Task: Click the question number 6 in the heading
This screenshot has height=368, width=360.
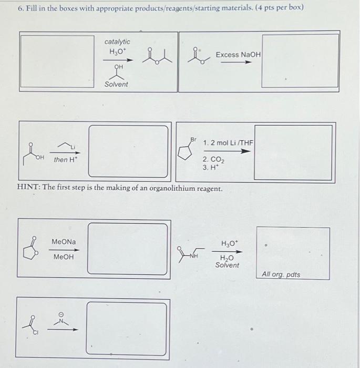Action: click(20, 9)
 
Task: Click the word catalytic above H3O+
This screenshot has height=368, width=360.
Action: click(117, 42)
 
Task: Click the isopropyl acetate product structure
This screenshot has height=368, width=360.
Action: click(157, 54)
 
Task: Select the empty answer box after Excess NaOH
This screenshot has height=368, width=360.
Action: click(300, 60)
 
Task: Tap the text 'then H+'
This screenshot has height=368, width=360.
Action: click(65, 159)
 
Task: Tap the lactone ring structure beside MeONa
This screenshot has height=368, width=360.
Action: click(34, 249)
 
